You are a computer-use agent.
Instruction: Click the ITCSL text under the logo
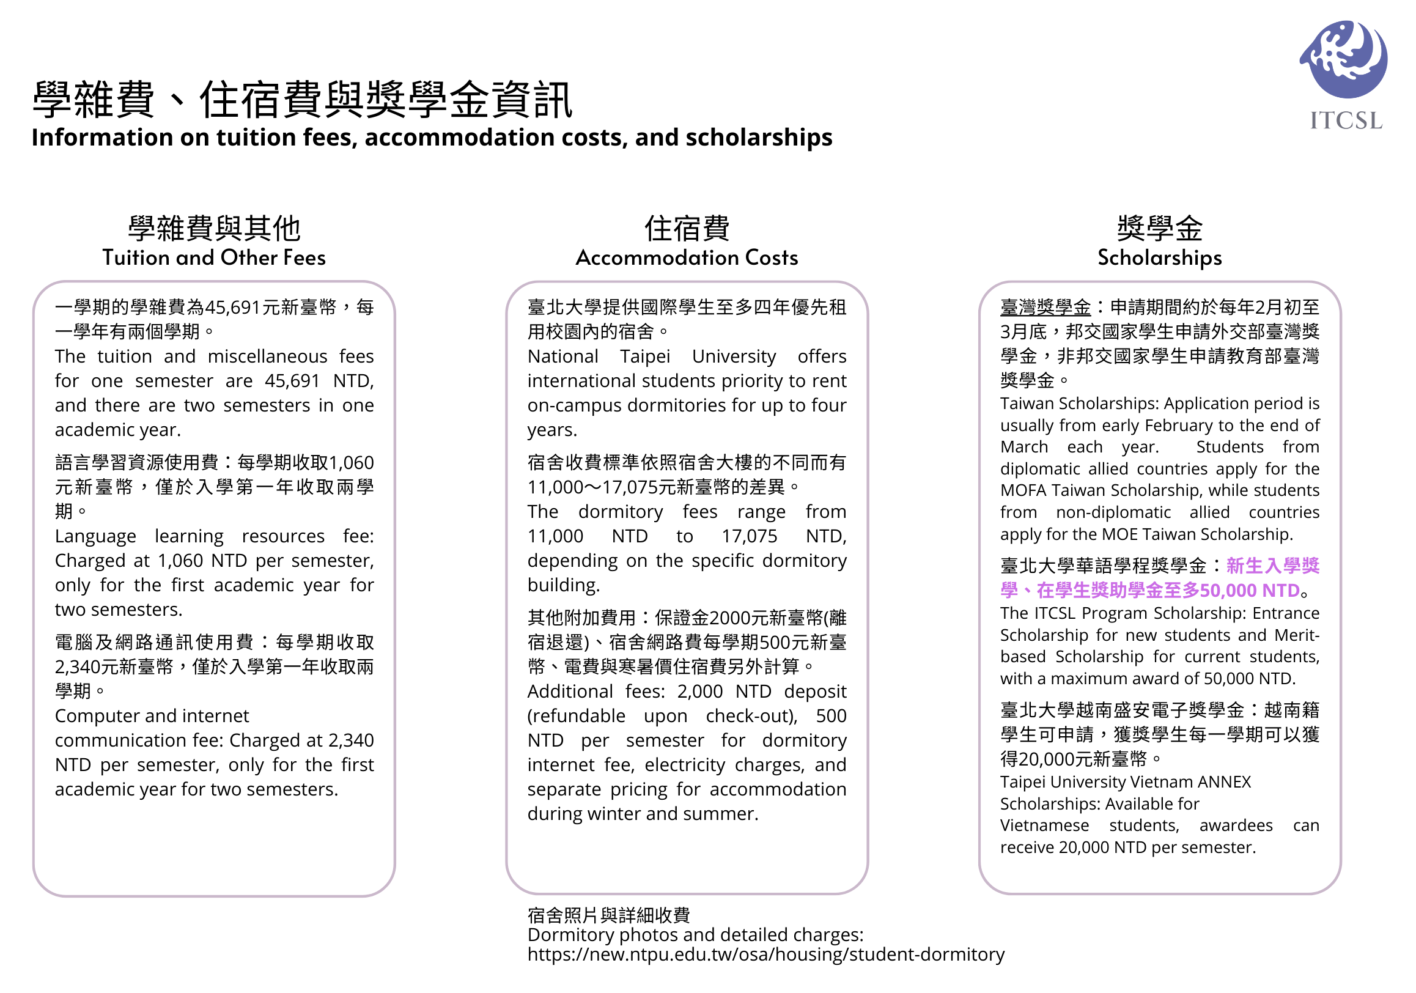pyautogui.click(x=1346, y=120)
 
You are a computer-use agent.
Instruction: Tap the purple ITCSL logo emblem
pyautogui.click(x=1344, y=59)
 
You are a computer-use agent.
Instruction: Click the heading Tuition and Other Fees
pyautogui.click(x=214, y=258)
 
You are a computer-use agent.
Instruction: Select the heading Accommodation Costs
pyautogui.click(x=687, y=258)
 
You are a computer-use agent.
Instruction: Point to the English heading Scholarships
pyautogui.click(x=1159, y=258)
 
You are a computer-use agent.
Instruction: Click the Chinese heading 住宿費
pyautogui.click(x=687, y=229)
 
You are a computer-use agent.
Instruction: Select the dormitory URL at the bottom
pyautogui.click(x=765, y=954)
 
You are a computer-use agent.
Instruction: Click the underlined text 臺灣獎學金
pyautogui.click(x=1045, y=307)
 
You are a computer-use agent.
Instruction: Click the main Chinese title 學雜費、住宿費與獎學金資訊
pyautogui.click(x=302, y=100)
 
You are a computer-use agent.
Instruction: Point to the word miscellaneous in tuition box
pyautogui.click(x=267, y=356)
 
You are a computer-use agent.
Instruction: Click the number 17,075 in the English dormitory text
pyautogui.click(x=749, y=537)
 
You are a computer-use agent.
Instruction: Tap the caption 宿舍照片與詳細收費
pyautogui.click(x=608, y=915)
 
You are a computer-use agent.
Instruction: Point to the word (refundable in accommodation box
pyautogui.click(x=575, y=716)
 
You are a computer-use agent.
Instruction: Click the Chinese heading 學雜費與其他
pyautogui.click(x=214, y=229)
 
